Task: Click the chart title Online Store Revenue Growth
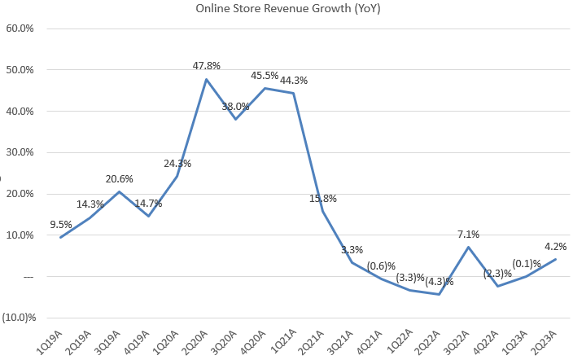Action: click(x=286, y=9)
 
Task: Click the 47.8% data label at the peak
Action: click(x=207, y=66)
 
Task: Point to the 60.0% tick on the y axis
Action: click(x=20, y=29)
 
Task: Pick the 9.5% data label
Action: click(x=60, y=224)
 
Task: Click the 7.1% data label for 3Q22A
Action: click(x=468, y=235)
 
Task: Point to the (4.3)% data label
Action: click(x=440, y=282)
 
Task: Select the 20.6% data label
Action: click(x=120, y=179)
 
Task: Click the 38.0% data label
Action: click(x=236, y=106)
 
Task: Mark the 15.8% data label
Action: click(x=324, y=198)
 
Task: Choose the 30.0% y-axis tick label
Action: click(x=20, y=152)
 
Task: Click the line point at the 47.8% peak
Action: click(x=207, y=79)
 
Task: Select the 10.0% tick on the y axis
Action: click(x=20, y=235)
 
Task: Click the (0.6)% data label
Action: click(x=382, y=266)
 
